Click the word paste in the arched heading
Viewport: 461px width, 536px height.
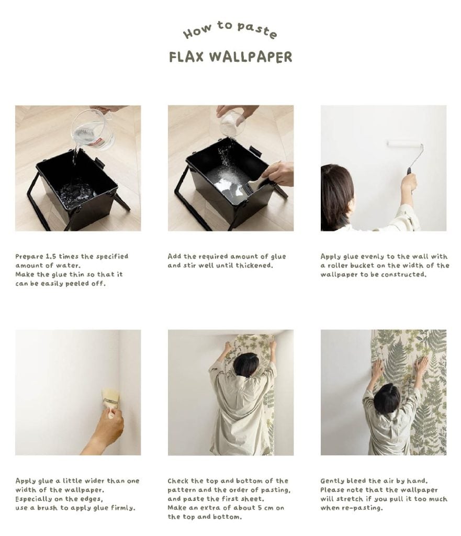click(x=257, y=29)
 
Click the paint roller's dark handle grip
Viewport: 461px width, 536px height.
click(x=409, y=171)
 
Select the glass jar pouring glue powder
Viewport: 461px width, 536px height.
click(x=232, y=124)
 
